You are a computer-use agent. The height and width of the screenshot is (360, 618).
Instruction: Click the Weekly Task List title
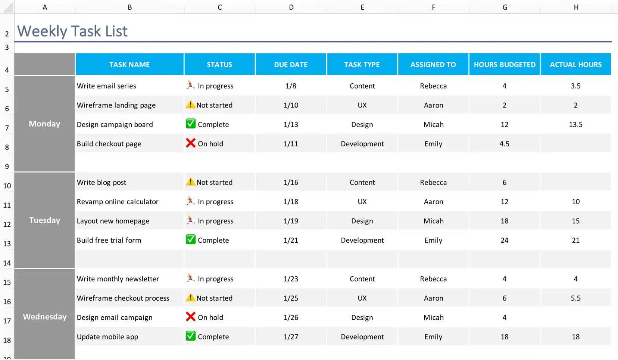(72, 31)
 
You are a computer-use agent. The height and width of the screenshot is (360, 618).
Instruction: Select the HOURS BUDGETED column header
(504, 65)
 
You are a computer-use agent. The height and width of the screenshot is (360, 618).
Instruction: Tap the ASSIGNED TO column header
(433, 65)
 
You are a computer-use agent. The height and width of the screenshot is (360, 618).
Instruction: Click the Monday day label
(44, 124)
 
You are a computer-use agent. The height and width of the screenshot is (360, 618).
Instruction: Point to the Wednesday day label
(44, 317)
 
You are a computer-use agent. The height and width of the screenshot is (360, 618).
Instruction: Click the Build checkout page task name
(109, 144)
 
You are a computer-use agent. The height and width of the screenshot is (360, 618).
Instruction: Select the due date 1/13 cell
(291, 124)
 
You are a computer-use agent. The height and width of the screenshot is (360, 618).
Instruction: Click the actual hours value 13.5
(575, 124)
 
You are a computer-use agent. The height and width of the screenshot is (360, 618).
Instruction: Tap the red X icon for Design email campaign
(191, 317)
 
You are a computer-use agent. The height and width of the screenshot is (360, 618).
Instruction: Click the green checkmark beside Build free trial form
(191, 239)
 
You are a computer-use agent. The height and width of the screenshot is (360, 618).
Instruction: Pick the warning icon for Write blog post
(190, 181)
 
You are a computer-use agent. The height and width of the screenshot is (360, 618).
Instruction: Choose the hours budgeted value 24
(504, 240)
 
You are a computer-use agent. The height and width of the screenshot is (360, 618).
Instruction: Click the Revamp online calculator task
(118, 202)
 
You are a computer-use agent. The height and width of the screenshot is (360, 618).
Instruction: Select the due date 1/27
(291, 336)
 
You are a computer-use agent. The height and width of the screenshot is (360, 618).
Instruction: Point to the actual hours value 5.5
(575, 298)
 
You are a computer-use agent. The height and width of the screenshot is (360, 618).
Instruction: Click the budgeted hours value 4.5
(504, 144)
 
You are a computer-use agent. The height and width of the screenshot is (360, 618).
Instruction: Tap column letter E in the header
(362, 7)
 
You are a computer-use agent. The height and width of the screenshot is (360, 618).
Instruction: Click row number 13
(7, 244)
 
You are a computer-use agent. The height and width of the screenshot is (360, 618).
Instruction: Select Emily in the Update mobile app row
(433, 336)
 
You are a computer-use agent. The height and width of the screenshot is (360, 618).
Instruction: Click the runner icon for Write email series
(190, 85)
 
